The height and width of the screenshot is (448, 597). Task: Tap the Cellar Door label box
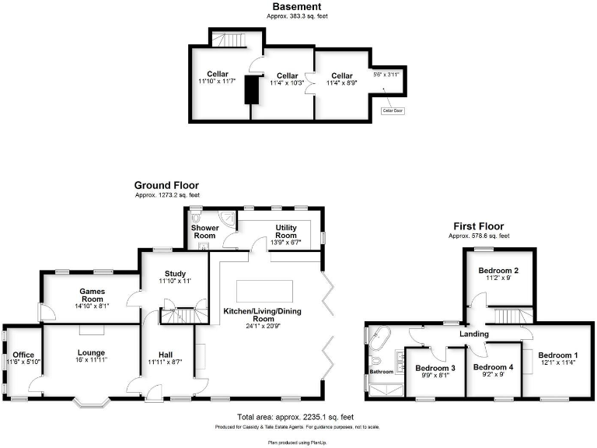(393, 110)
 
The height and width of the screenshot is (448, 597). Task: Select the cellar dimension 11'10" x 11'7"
(218, 81)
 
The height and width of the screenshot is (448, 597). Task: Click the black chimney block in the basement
(252, 89)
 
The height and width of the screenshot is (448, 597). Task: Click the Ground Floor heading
(166, 185)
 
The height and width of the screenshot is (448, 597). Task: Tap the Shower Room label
(204, 232)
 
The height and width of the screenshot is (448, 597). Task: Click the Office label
(23, 355)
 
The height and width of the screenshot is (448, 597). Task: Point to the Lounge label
(91, 352)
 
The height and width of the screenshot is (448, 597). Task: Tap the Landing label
(473, 334)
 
